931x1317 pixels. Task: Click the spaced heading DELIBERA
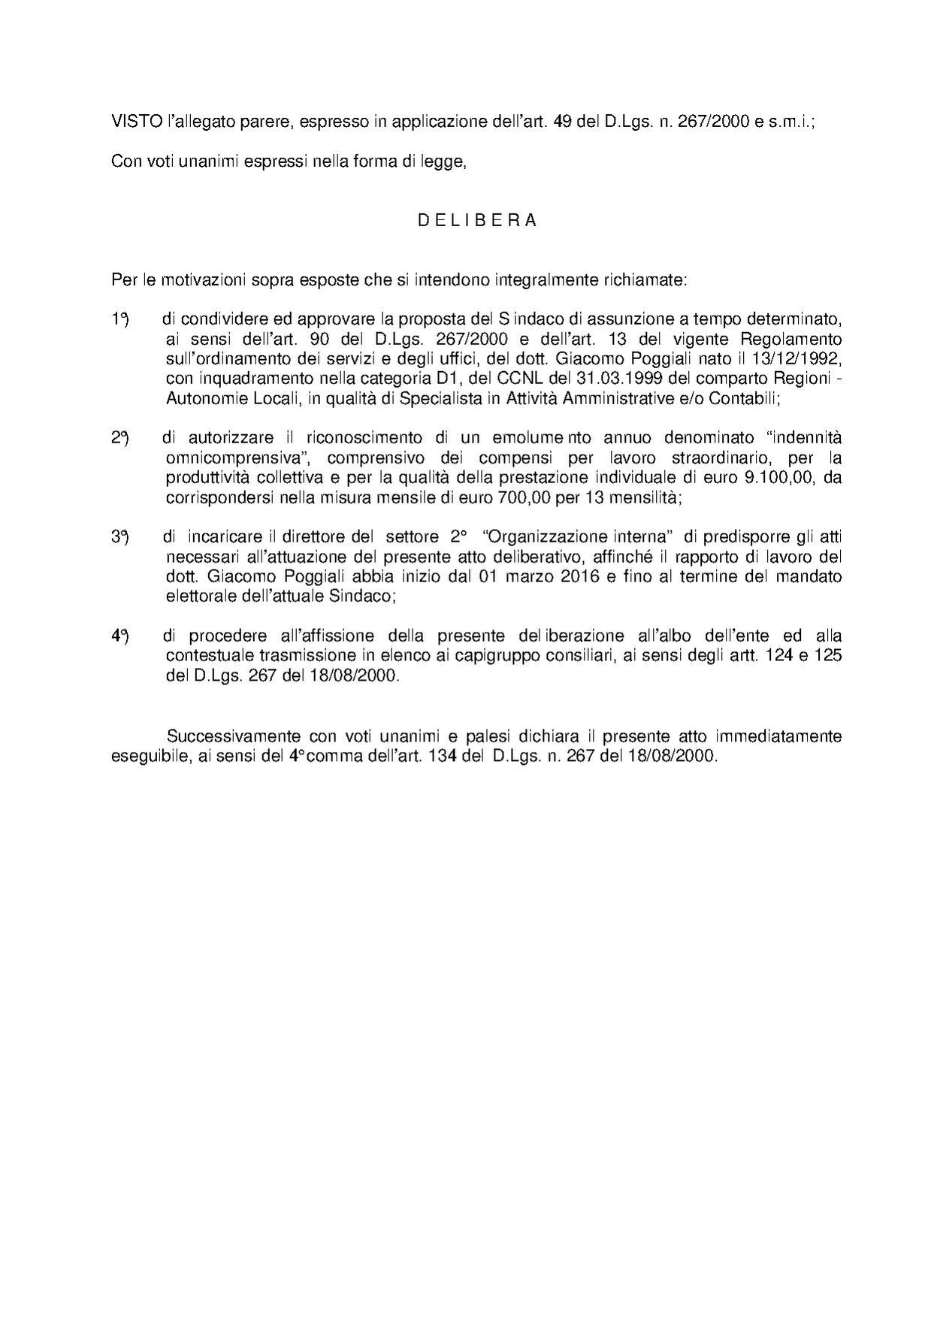(x=477, y=221)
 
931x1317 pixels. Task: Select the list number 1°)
(x=120, y=319)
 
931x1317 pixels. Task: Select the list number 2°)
(x=120, y=438)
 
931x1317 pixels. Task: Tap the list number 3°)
(x=120, y=537)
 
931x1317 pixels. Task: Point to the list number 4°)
(x=120, y=636)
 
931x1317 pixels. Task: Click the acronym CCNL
(x=517, y=379)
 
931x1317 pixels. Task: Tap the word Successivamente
(x=229, y=736)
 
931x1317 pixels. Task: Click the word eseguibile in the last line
(x=144, y=756)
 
